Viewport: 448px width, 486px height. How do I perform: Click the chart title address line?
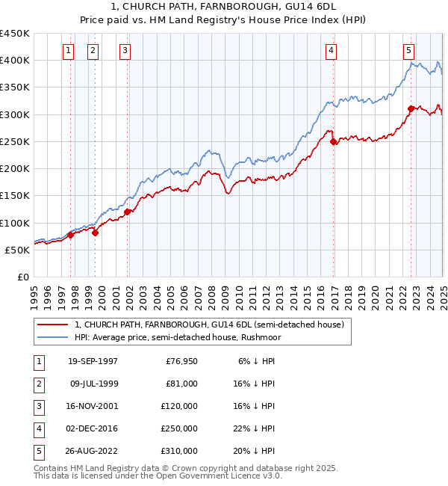(x=224, y=8)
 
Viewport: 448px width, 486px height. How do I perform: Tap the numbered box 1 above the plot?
(x=68, y=51)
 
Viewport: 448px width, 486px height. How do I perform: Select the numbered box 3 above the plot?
(x=124, y=51)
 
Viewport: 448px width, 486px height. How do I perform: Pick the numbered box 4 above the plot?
(x=331, y=51)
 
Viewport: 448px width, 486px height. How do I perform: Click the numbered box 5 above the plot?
(x=409, y=51)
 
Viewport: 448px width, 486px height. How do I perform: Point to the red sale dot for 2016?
(x=334, y=141)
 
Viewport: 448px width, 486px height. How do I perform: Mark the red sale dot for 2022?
(x=411, y=108)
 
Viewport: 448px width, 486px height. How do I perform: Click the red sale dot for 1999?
(x=96, y=233)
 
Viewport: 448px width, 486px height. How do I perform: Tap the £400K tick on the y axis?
(x=15, y=60)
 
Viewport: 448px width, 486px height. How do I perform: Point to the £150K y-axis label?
(x=15, y=196)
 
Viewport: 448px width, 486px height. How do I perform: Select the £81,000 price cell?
(x=182, y=384)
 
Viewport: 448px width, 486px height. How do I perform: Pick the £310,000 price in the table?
(x=179, y=451)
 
